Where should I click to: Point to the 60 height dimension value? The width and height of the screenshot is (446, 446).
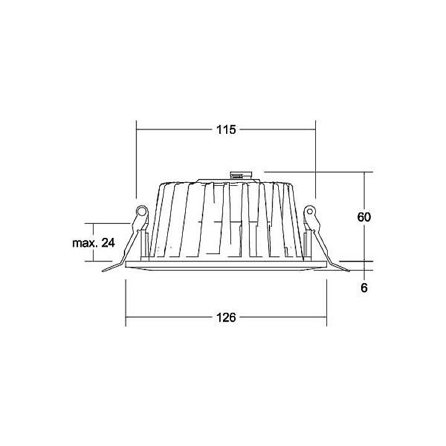364,217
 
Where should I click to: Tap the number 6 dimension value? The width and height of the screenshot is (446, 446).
364,288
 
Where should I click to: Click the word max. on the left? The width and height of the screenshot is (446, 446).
84,243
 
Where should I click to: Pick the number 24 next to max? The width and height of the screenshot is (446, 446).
108,243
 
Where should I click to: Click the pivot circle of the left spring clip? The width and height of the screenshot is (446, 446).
142,212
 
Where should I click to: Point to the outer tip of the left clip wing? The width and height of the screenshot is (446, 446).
103,270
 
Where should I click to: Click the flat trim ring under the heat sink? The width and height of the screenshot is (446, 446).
226,265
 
